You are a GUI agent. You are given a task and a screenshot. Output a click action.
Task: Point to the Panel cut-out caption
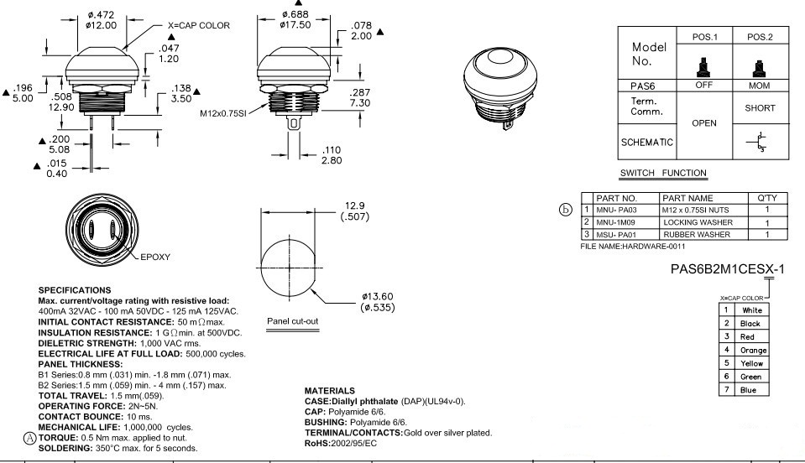coord(291,321)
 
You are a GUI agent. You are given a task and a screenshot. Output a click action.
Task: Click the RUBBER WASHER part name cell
coord(698,235)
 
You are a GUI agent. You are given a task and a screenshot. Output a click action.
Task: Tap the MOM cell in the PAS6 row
coord(759,86)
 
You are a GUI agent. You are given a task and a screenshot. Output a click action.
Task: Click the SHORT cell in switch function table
coord(759,108)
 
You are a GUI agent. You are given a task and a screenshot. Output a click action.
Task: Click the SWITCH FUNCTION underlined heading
coord(663,174)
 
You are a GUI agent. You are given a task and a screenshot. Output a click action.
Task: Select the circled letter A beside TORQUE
coord(30,438)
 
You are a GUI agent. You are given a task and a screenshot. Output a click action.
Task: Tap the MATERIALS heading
coord(331,391)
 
